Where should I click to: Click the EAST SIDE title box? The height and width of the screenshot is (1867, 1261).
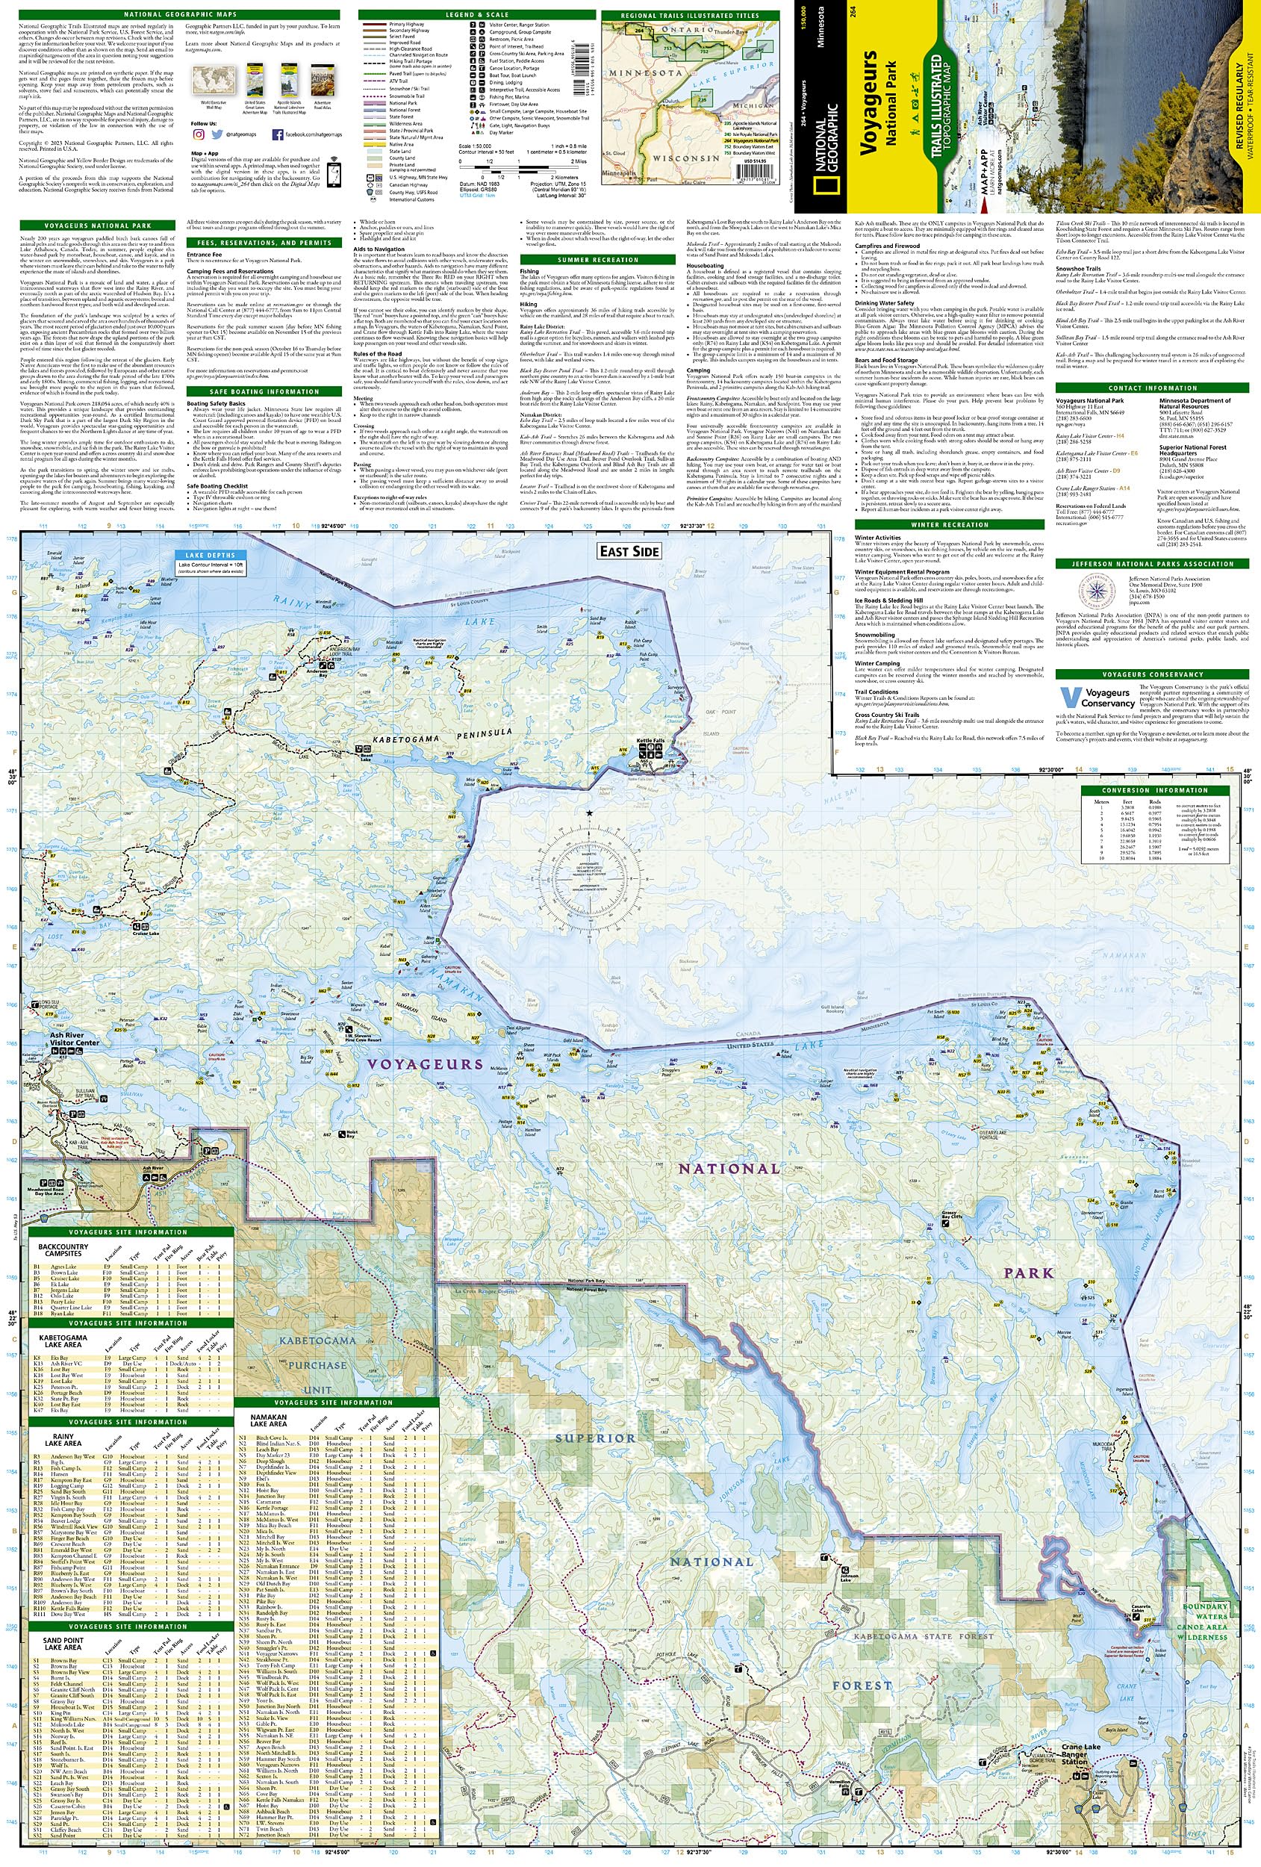(629, 551)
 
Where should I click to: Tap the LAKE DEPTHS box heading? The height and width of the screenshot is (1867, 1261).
(211, 555)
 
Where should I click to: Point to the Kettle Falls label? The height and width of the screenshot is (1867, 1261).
(650, 740)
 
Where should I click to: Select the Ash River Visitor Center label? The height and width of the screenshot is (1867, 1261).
(74, 1039)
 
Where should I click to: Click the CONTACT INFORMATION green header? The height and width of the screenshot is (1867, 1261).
(1152, 388)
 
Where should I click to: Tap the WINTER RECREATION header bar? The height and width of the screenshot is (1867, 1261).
(949, 524)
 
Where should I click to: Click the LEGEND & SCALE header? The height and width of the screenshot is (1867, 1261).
(476, 14)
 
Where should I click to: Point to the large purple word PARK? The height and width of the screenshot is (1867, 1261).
(1027, 1273)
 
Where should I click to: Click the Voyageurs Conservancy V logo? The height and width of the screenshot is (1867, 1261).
(1069, 698)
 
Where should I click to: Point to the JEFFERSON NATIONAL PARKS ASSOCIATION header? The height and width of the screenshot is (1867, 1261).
(1152, 564)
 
